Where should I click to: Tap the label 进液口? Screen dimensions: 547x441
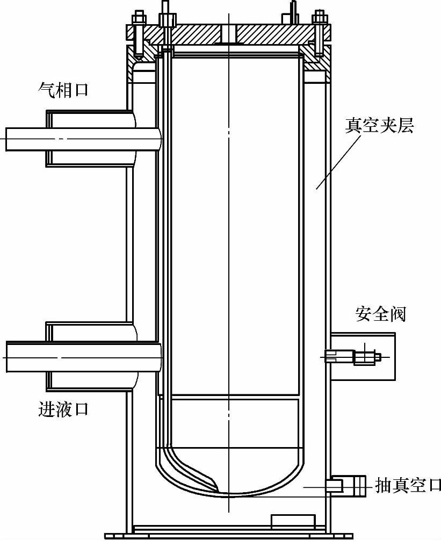pyautogui.click(x=63, y=409)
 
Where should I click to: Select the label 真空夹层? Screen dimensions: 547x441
pyautogui.click(x=380, y=127)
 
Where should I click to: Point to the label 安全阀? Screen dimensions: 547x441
pyautogui.click(x=380, y=314)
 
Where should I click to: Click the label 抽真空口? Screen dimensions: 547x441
pyautogui.click(x=407, y=485)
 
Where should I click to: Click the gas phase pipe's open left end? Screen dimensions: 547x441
pyautogui.click(x=8, y=139)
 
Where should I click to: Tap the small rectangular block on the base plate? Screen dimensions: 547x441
pyautogui.click(x=293, y=521)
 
